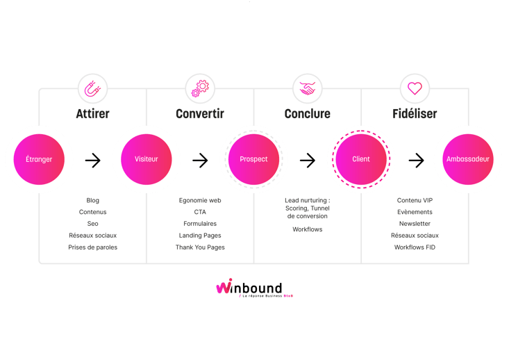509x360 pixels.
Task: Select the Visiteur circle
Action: (146, 159)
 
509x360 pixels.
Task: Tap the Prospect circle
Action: (253, 159)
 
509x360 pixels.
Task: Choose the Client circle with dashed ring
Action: (361, 159)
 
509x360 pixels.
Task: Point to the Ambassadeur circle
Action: (468, 159)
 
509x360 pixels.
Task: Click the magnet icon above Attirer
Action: (92, 89)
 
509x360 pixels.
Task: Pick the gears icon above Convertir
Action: (200, 89)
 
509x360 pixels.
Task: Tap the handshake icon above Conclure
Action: (308, 89)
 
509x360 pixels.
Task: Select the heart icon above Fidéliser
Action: (415, 89)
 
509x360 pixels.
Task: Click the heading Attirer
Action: (92, 113)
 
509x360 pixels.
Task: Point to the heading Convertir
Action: (200, 113)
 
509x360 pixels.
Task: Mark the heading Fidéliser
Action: (415, 113)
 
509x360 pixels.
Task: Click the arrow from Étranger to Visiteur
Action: (92, 161)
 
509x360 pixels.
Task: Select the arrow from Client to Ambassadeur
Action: (416, 161)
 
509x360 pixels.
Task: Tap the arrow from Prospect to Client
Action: (308, 161)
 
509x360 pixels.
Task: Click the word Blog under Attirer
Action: (93, 200)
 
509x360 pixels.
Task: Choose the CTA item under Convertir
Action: (200, 212)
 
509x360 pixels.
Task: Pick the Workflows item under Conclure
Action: (307, 229)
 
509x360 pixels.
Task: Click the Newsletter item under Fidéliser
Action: (415, 224)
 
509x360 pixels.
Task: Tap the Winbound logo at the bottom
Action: (254, 288)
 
